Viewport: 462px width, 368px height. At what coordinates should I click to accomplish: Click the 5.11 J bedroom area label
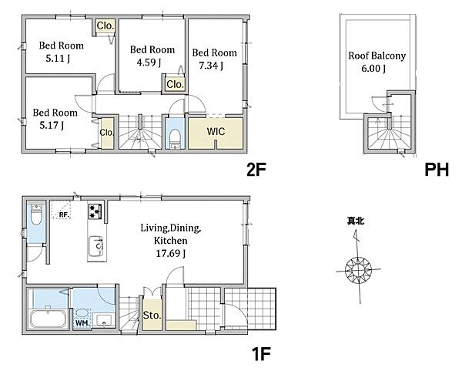click(x=58, y=59)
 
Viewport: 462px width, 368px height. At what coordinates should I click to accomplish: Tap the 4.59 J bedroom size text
click(x=149, y=62)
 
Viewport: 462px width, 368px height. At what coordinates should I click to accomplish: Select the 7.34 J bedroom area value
click(x=211, y=66)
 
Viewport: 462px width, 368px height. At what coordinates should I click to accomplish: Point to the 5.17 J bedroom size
click(x=52, y=126)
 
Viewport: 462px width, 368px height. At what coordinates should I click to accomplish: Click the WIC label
click(x=216, y=132)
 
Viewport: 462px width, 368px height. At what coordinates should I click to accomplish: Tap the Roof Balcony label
click(x=377, y=56)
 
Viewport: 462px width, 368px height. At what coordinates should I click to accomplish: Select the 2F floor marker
click(x=256, y=170)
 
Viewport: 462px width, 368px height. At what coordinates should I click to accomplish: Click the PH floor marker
click(x=437, y=170)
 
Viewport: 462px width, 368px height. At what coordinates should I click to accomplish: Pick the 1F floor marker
click(x=261, y=353)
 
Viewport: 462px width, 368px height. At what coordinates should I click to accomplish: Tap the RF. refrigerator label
click(x=64, y=214)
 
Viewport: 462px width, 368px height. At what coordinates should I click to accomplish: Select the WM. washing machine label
click(x=82, y=322)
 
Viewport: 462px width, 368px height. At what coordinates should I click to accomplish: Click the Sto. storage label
click(x=152, y=316)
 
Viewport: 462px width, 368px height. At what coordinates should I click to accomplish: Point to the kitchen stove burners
click(x=95, y=211)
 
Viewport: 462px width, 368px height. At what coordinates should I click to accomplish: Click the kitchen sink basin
click(x=96, y=246)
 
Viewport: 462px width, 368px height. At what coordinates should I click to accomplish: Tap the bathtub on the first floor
click(x=49, y=319)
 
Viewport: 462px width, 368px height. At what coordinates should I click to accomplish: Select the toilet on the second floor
click(x=175, y=137)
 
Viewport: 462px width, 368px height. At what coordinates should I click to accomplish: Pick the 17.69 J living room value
click(x=171, y=254)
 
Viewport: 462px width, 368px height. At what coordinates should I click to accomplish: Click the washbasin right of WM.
click(x=104, y=320)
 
